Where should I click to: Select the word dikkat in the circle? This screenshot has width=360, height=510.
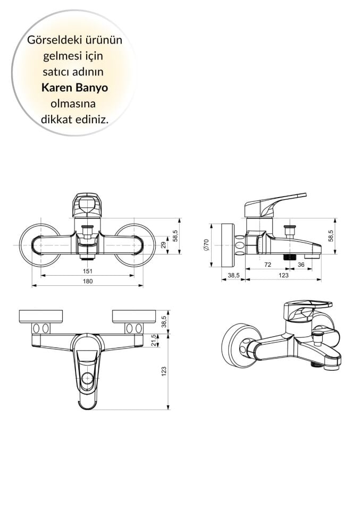[57, 120]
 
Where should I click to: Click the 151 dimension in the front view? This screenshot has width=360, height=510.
[87, 271]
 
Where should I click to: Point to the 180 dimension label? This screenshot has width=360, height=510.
[87, 281]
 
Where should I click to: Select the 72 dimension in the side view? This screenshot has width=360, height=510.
[267, 265]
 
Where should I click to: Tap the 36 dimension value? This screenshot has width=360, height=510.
[301, 265]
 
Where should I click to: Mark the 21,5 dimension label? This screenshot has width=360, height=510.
[154, 340]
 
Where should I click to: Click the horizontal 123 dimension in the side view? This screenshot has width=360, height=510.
[283, 275]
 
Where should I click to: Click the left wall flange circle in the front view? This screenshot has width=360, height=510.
[39, 245]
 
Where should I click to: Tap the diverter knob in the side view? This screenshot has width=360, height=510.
[289, 230]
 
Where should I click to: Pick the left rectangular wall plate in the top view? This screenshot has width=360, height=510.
[40, 316]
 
